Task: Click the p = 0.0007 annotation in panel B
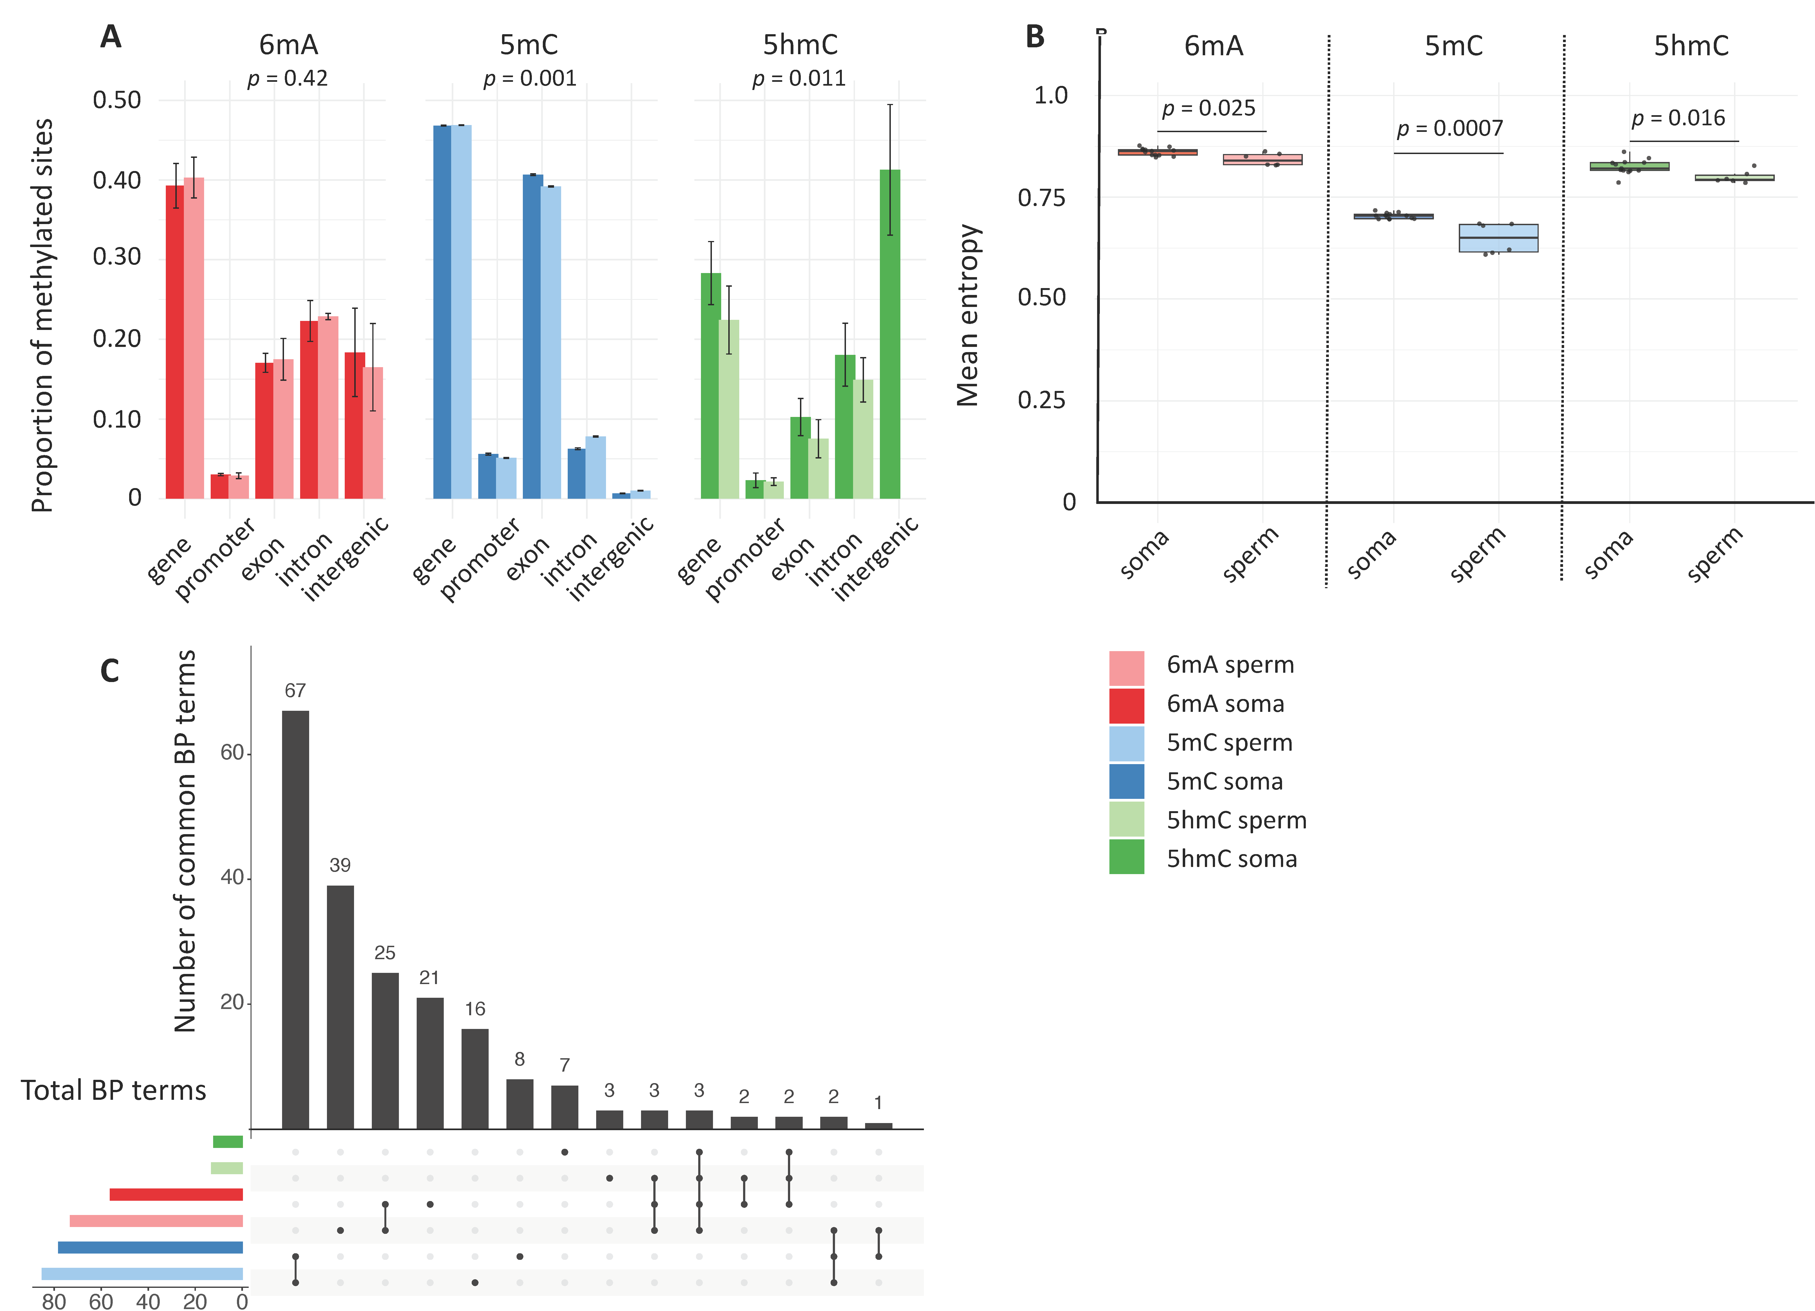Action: coord(1449,129)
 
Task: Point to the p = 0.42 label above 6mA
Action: coord(287,79)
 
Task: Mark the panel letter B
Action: coord(1035,37)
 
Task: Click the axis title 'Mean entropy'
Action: coord(968,315)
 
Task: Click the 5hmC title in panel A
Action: coord(800,45)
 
